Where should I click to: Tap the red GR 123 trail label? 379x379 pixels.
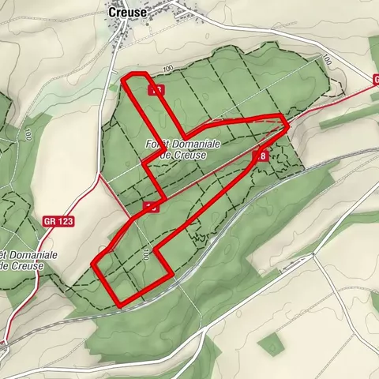pyautogui.click(x=58, y=222)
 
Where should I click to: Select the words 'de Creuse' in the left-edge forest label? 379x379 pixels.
pyautogui.click(x=22, y=265)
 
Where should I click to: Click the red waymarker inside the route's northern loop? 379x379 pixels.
pyautogui.click(x=156, y=90)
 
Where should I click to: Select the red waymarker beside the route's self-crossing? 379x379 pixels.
pyautogui.click(x=151, y=207)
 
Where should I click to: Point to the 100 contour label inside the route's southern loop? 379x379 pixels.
pyautogui.click(x=146, y=255)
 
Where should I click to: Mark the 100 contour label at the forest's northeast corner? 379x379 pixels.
pyautogui.click(x=325, y=61)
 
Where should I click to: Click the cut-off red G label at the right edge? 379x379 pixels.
pyautogui.click(x=376, y=79)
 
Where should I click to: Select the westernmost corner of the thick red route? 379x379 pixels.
pyautogui.click(x=94, y=264)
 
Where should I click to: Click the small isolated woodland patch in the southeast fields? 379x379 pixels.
pyautogui.click(x=271, y=343)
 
